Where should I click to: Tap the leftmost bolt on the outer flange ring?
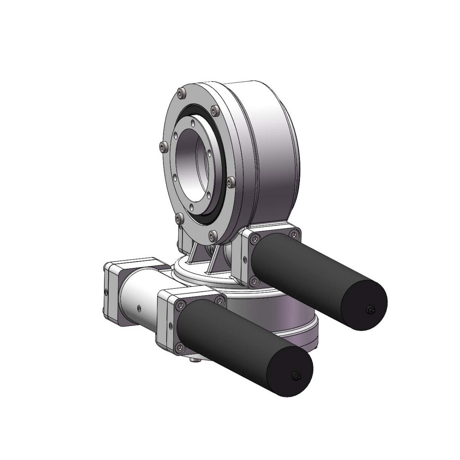tap(163, 146)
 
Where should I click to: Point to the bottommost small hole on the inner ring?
tap(192, 207)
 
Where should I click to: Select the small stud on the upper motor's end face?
tap(370, 309)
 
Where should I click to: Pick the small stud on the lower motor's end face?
tap(295, 376)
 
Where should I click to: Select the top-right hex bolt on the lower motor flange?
tap(219, 300)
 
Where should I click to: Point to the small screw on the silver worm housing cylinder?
tap(139, 308)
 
